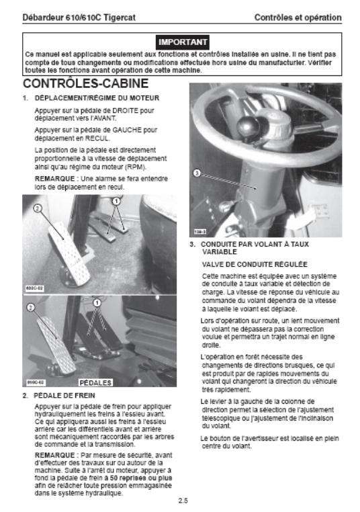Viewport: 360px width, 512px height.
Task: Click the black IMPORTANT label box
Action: pyautogui.click(x=183, y=42)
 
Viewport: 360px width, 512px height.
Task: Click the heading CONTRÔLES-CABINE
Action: pyautogui.click(x=85, y=83)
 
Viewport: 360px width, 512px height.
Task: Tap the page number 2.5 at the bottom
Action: pyautogui.click(x=183, y=501)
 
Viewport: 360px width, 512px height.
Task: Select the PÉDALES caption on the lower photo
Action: pyautogui.click(x=95, y=382)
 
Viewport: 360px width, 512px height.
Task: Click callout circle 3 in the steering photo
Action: pyautogui.click(x=197, y=173)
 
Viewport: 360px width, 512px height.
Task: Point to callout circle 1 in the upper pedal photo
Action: pyautogui.click(x=116, y=202)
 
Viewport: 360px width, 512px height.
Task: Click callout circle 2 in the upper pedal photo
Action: pyautogui.click(x=38, y=208)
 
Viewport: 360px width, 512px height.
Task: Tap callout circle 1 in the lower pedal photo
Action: pyautogui.click(x=97, y=303)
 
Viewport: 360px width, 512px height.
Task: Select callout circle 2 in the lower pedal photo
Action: pyautogui.click(x=31, y=307)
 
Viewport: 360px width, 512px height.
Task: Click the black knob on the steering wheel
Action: pyautogui.click(x=248, y=126)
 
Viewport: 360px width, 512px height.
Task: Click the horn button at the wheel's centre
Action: pyautogui.click(x=273, y=122)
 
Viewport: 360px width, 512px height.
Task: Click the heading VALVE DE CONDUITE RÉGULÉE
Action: pyautogui.click(x=255, y=264)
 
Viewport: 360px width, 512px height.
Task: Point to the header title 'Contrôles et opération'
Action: pyautogui.click(x=298, y=17)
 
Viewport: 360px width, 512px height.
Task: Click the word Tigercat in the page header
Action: pyautogui.click(x=120, y=17)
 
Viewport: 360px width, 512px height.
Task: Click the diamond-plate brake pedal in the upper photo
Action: pyautogui.click(x=70, y=252)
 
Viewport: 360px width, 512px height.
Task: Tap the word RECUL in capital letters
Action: pyautogui.click(x=97, y=138)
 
